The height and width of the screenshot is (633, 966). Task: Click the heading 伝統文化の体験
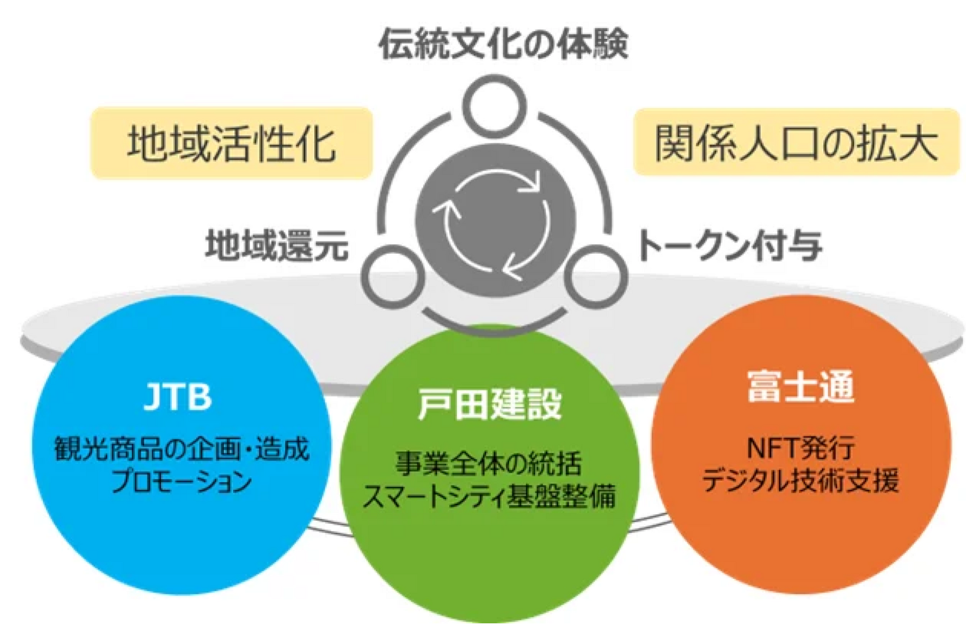click(503, 43)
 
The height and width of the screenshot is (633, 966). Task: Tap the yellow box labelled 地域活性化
click(231, 143)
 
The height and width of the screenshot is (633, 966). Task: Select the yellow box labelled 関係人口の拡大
click(796, 143)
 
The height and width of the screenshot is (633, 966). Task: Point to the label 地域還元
click(277, 245)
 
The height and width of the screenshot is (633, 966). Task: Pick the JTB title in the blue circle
click(178, 397)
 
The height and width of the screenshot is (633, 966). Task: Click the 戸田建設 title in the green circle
click(490, 403)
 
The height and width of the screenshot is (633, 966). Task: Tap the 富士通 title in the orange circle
click(801, 387)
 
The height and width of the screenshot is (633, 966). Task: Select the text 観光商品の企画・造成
click(181, 449)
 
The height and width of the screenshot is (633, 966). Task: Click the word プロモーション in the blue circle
click(181, 482)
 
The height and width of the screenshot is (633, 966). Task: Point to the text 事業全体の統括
click(489, 463)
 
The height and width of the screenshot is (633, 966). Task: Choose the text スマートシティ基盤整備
click(489, 496)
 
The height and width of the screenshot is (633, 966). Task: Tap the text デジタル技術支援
click(801, 480)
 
